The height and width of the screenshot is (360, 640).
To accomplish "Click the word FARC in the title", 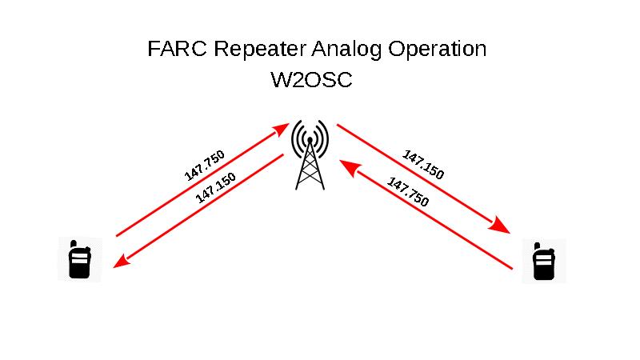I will click(x=172, y=49).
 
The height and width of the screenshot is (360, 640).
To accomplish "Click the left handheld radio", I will click(x=79, y=259).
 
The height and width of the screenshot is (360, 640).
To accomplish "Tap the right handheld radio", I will click(x=544, y=260).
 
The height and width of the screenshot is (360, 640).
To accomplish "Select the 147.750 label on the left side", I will click(x=205, y=165).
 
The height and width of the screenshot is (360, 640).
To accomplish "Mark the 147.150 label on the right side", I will click(x=423, y=165).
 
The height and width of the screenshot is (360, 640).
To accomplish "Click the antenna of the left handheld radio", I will click(x=72, y=242).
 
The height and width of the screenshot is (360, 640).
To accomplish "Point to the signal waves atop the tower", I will click(x=310, y=137).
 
